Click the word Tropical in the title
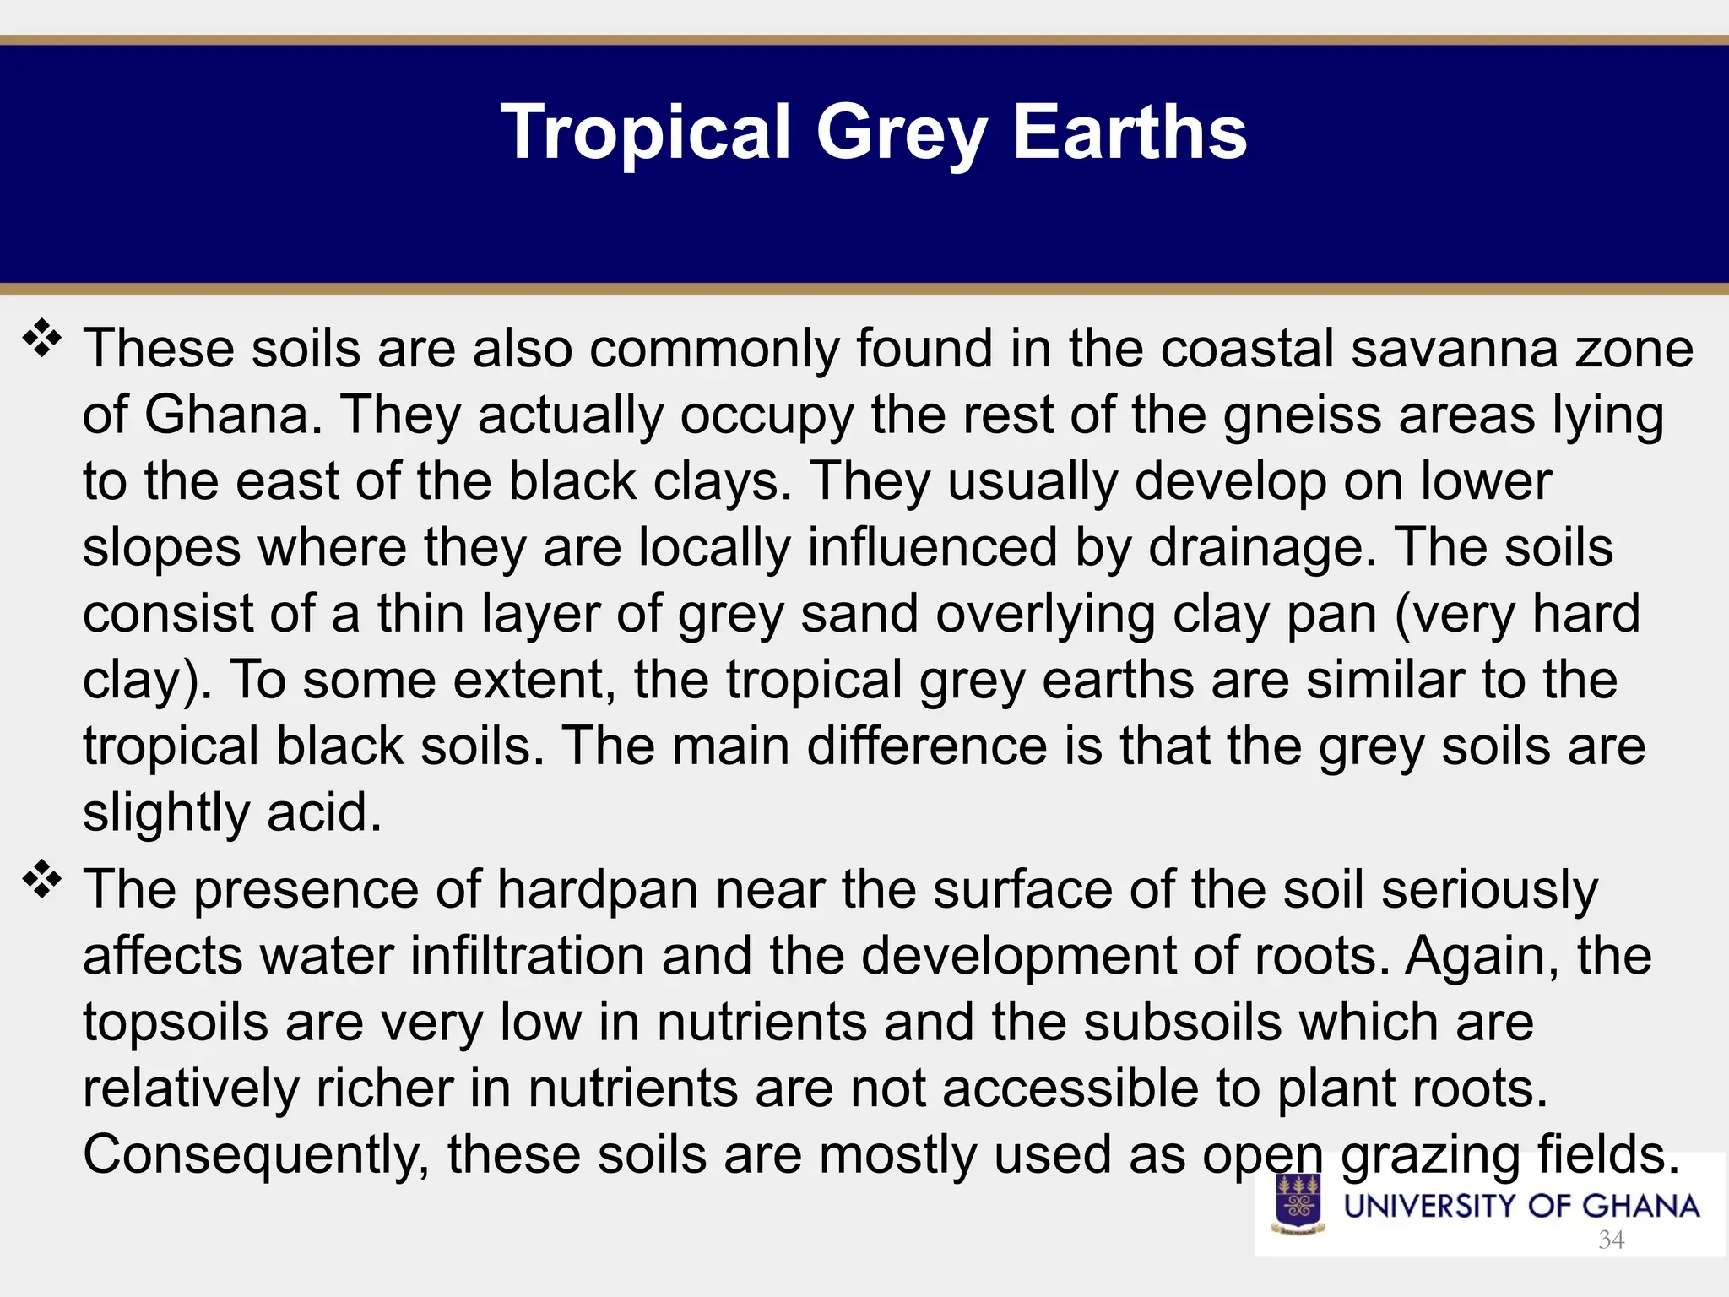pyautogui.click(x=646, y=133)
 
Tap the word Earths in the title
pyautogui.click(x=1130, y=133)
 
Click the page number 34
pyautogui.click(x=1611, y=1240)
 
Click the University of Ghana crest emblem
pyautogui.click(x=1298, y=1204)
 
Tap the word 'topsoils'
pyautogui.click(x=176, y=1022)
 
